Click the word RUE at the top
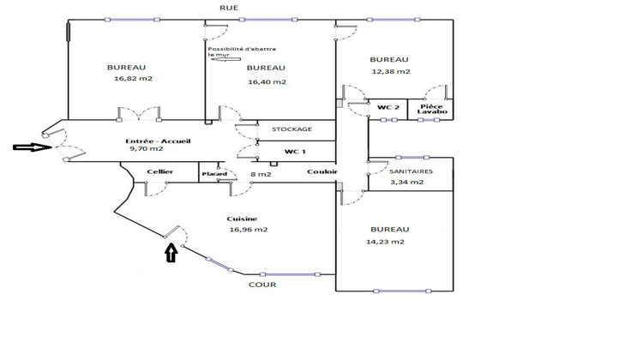tap(230, 8)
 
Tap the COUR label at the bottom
tap(261, 285)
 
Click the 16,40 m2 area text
tap(267, 82)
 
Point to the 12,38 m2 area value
tap(390, 71)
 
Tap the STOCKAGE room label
tap(291, 129)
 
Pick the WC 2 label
tap(388, 107)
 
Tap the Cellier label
tap(159, 172)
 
